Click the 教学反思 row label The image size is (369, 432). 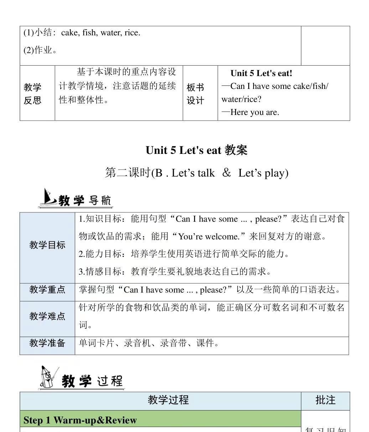(x=32, y=94)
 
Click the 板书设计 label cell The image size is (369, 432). (x=195, y=94)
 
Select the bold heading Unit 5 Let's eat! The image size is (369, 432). (x=261, y=73)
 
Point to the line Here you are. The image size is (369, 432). (x=254, y=112)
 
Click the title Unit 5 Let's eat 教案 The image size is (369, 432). (x=196, y=150)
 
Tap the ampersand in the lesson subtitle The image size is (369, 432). (x=227, y=173)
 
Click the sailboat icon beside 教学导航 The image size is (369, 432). (x=47, y=197)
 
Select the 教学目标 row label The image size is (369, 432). (x=47, y=245)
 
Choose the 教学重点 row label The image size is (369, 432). (x=47, y=290)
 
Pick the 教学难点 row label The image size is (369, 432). (x=47, y=316)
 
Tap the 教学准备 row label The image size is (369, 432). (x=47, y=343)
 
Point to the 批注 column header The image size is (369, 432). (x=325, y=400)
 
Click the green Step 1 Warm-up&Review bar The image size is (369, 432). (x=160, y=420)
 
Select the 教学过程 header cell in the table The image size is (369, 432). (x=168, y=400)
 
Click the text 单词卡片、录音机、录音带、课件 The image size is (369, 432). (x=149, y=343)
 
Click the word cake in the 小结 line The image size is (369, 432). (x=69, y=33)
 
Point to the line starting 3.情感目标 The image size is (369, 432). (x=175, y=272)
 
